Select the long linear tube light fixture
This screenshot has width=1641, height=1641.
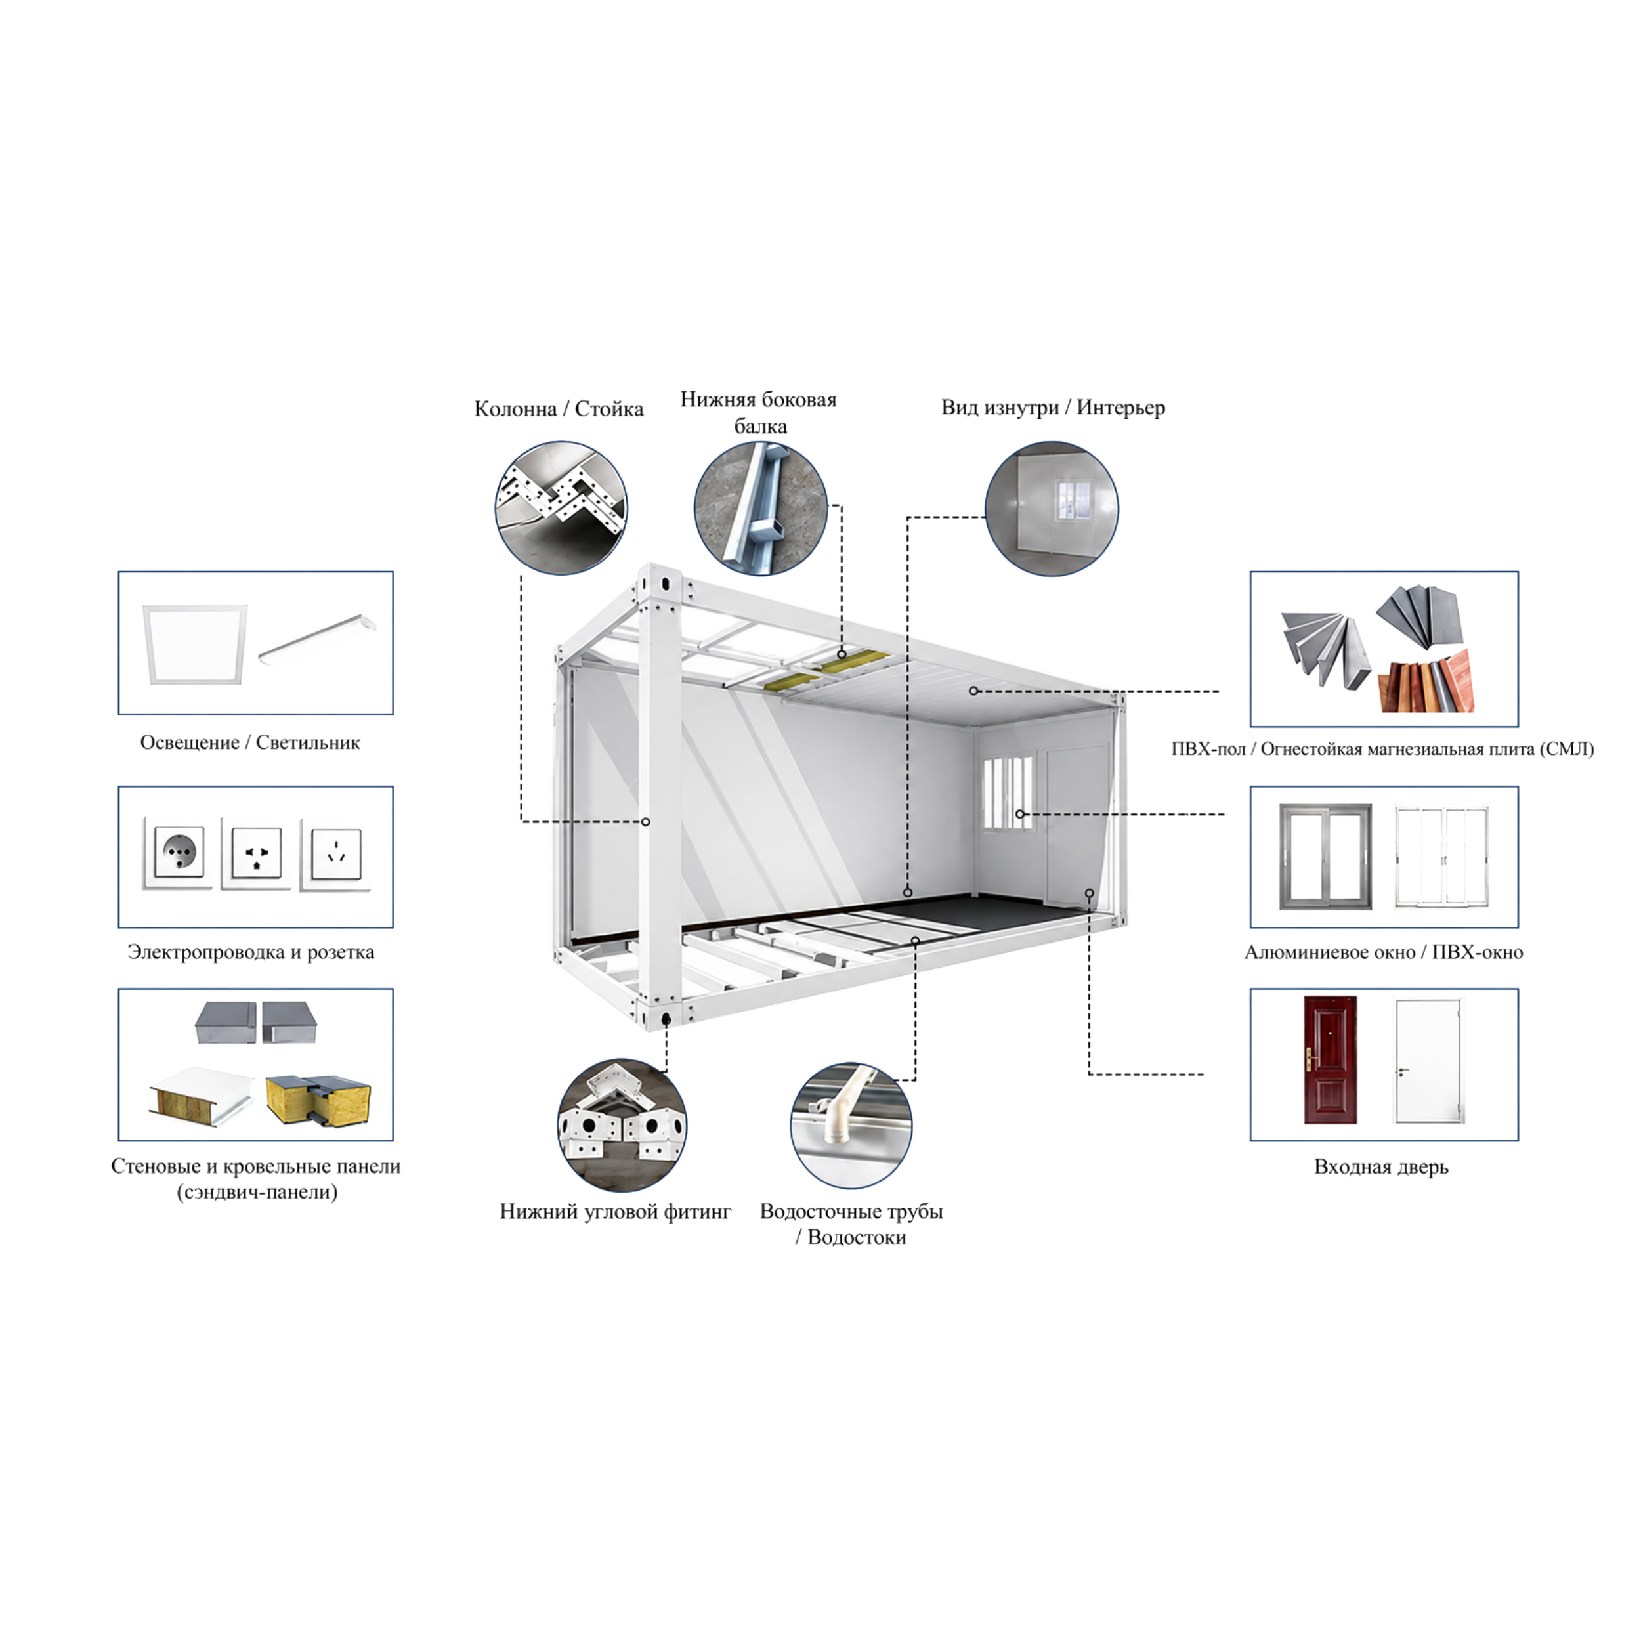tap(316, 638)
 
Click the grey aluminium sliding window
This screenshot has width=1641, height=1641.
tap(1325, 857)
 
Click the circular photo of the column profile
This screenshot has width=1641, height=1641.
tap(561, 507)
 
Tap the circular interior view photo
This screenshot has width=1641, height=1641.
tap(1052, 508)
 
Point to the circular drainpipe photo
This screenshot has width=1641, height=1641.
tap(851, 1126)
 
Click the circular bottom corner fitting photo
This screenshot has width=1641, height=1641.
tap(622, 1126)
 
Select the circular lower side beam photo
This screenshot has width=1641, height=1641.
tap(761, 508)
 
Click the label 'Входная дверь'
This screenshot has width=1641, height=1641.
tap(1381, 1166)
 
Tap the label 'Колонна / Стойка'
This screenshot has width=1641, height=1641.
tap(559, 408)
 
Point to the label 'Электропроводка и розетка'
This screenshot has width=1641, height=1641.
tap(251, 952)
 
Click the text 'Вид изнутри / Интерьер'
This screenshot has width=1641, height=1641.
tap(1054, 407)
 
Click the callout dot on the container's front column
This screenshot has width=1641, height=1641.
tap(645, 822)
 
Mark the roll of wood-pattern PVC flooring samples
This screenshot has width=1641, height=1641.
tap(1426, 681)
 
